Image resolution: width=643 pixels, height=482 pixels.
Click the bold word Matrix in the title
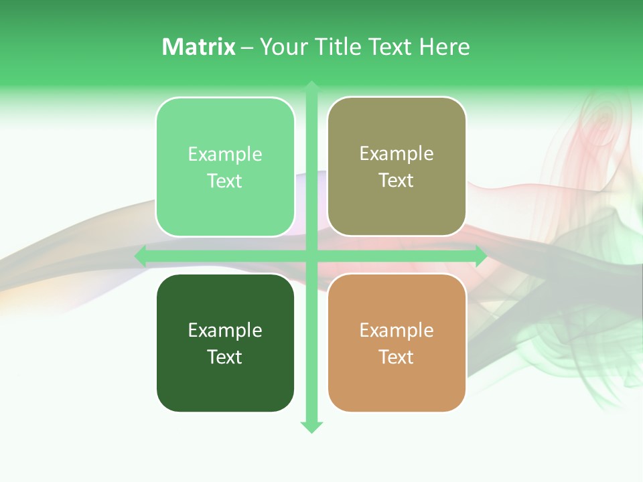(198, 47)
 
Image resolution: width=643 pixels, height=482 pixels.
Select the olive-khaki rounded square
(397, 208)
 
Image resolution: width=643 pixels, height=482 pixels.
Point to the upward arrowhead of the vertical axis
(311, 86)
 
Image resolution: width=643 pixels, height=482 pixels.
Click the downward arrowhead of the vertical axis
(311, 426)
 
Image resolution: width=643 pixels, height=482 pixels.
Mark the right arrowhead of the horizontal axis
(480, 256)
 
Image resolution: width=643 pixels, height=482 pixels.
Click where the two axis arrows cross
(311, 256)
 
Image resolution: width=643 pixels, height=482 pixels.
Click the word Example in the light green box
(225, 155)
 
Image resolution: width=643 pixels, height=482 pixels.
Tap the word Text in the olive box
(397, 181)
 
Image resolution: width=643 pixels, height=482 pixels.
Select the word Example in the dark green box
(225, 330)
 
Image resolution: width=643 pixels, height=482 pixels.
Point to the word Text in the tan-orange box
(397, 357)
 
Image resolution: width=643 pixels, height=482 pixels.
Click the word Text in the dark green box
(225, 357)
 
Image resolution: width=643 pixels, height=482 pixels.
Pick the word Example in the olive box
(397, 154)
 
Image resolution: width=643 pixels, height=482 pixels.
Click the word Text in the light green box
(225, 181)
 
